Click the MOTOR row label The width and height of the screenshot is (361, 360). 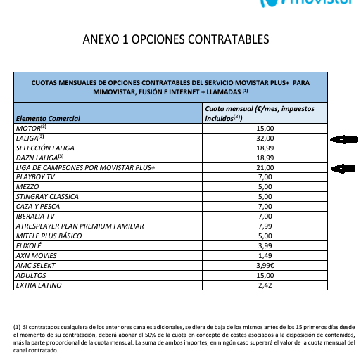pos(30,129)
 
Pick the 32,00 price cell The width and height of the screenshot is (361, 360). pos(265,139)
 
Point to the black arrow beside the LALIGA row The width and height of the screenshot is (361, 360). pos(344,139)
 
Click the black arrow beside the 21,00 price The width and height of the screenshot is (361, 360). pos(344,169)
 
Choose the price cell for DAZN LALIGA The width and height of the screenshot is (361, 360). pos(265,158)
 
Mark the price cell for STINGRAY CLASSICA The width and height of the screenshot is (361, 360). pos(265,198)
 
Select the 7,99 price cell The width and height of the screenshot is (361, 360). pos(265,226)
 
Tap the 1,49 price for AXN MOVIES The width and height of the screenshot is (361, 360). pos(265,256)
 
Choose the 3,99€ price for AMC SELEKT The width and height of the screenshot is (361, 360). pos(265,266)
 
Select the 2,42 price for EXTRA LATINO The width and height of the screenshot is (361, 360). pos(265,285)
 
